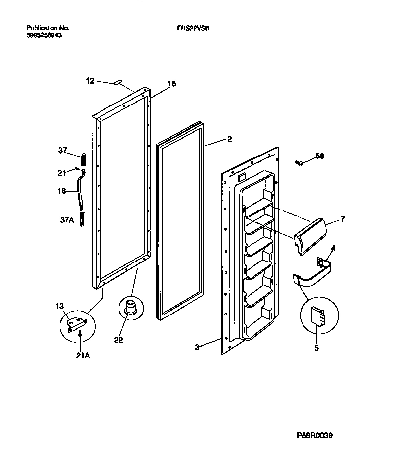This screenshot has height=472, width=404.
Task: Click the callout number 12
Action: (90, 81)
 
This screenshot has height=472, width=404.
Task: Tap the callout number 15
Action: (172, 84)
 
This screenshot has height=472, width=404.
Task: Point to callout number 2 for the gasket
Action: (229, 139)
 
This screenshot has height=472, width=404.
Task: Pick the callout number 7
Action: (342, 218)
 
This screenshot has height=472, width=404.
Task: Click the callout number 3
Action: (197, 347)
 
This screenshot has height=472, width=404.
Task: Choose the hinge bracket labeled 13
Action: (76, 322)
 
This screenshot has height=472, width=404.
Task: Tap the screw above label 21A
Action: (80, 336)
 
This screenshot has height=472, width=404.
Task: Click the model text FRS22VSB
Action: (193, 28)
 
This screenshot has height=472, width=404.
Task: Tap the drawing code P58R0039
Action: (314, 436)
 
